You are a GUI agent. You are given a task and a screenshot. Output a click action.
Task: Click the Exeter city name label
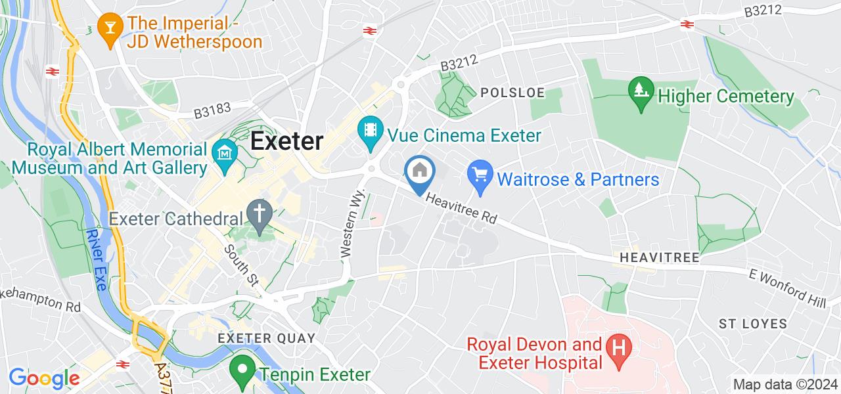coord(287,141)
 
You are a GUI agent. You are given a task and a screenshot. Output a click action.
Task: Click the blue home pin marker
coord(420,172)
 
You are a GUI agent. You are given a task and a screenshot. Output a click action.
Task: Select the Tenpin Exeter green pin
coord(242,370)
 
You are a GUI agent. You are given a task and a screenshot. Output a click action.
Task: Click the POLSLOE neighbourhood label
coord(513,93)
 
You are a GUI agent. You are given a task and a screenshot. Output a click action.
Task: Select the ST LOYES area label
coord(753,324)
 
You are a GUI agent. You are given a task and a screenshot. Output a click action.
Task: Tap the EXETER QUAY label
coord(267,338)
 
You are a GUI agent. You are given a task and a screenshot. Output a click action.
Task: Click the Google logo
coord(44,378)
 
